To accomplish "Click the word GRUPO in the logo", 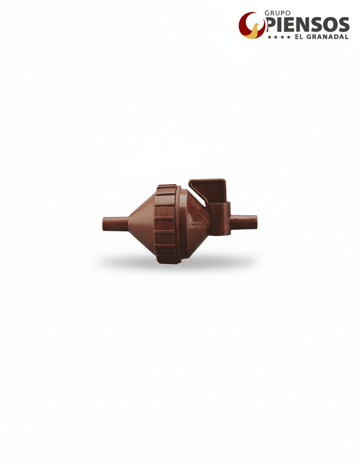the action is [277, 13].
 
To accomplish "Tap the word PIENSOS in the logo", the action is [308, 25].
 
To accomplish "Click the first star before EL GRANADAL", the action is [270, 37].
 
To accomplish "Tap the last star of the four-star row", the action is [288, 37].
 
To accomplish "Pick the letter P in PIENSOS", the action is [271, 25].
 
